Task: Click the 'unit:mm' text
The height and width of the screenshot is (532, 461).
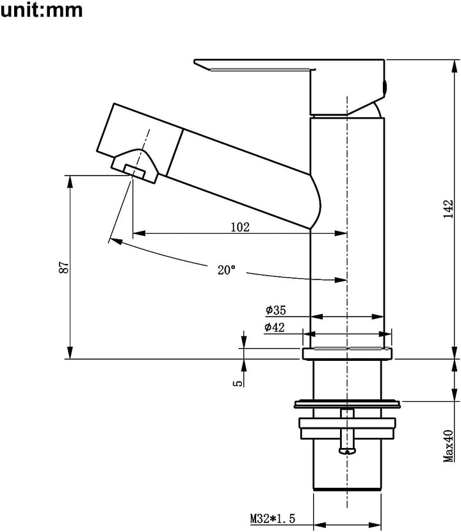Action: click(x=42, y=10)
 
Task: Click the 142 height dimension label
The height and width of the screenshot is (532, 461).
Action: click(x=448, y=209)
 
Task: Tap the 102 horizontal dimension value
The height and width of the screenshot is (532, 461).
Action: click(x=240, y=227)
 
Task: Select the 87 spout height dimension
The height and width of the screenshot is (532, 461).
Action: click(x=64, y=267)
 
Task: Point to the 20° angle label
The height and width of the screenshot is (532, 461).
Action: click(x=226, y=270)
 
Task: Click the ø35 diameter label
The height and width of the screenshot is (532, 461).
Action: click(x=275, y=310)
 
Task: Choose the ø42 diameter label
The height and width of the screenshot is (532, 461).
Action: click(x=274, y=328)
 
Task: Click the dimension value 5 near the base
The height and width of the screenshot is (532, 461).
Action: click(x=238, y=383)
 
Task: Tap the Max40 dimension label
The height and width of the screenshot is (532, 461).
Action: click(x=448, y=446)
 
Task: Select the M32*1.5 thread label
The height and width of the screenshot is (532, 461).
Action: click(x=273, y=519)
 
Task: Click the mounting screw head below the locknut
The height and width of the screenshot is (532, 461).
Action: click(x=348, y=451)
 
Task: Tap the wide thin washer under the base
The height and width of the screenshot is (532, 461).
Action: click(x=347, y=404)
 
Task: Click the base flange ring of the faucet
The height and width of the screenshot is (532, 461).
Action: click(x=347, y=354)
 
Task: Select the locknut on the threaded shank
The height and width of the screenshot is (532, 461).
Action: click(x=347, y=429)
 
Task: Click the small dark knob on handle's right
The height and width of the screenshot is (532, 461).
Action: click(x=384, y=87)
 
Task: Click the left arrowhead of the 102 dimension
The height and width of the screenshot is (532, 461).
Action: click(x=139, y=233)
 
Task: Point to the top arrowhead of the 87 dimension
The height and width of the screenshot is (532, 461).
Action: click(x=70, y=181)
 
